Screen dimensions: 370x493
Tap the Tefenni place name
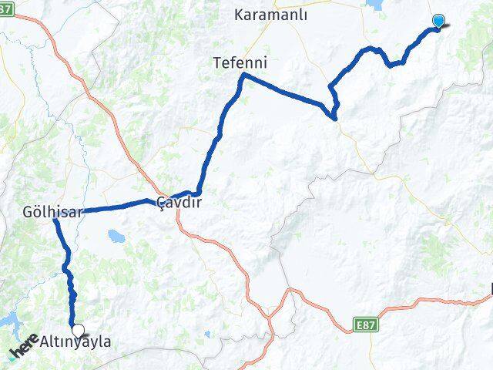click(x=240, y=62)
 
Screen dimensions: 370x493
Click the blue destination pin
click(x=439, y=22)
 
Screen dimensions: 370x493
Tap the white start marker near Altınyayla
click(x=76, y=329)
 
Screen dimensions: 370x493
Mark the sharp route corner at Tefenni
click(x=243, y=74)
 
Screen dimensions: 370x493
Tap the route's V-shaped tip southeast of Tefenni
click(x=334, y=118)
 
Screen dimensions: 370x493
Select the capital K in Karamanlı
click(x=237, y=15)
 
